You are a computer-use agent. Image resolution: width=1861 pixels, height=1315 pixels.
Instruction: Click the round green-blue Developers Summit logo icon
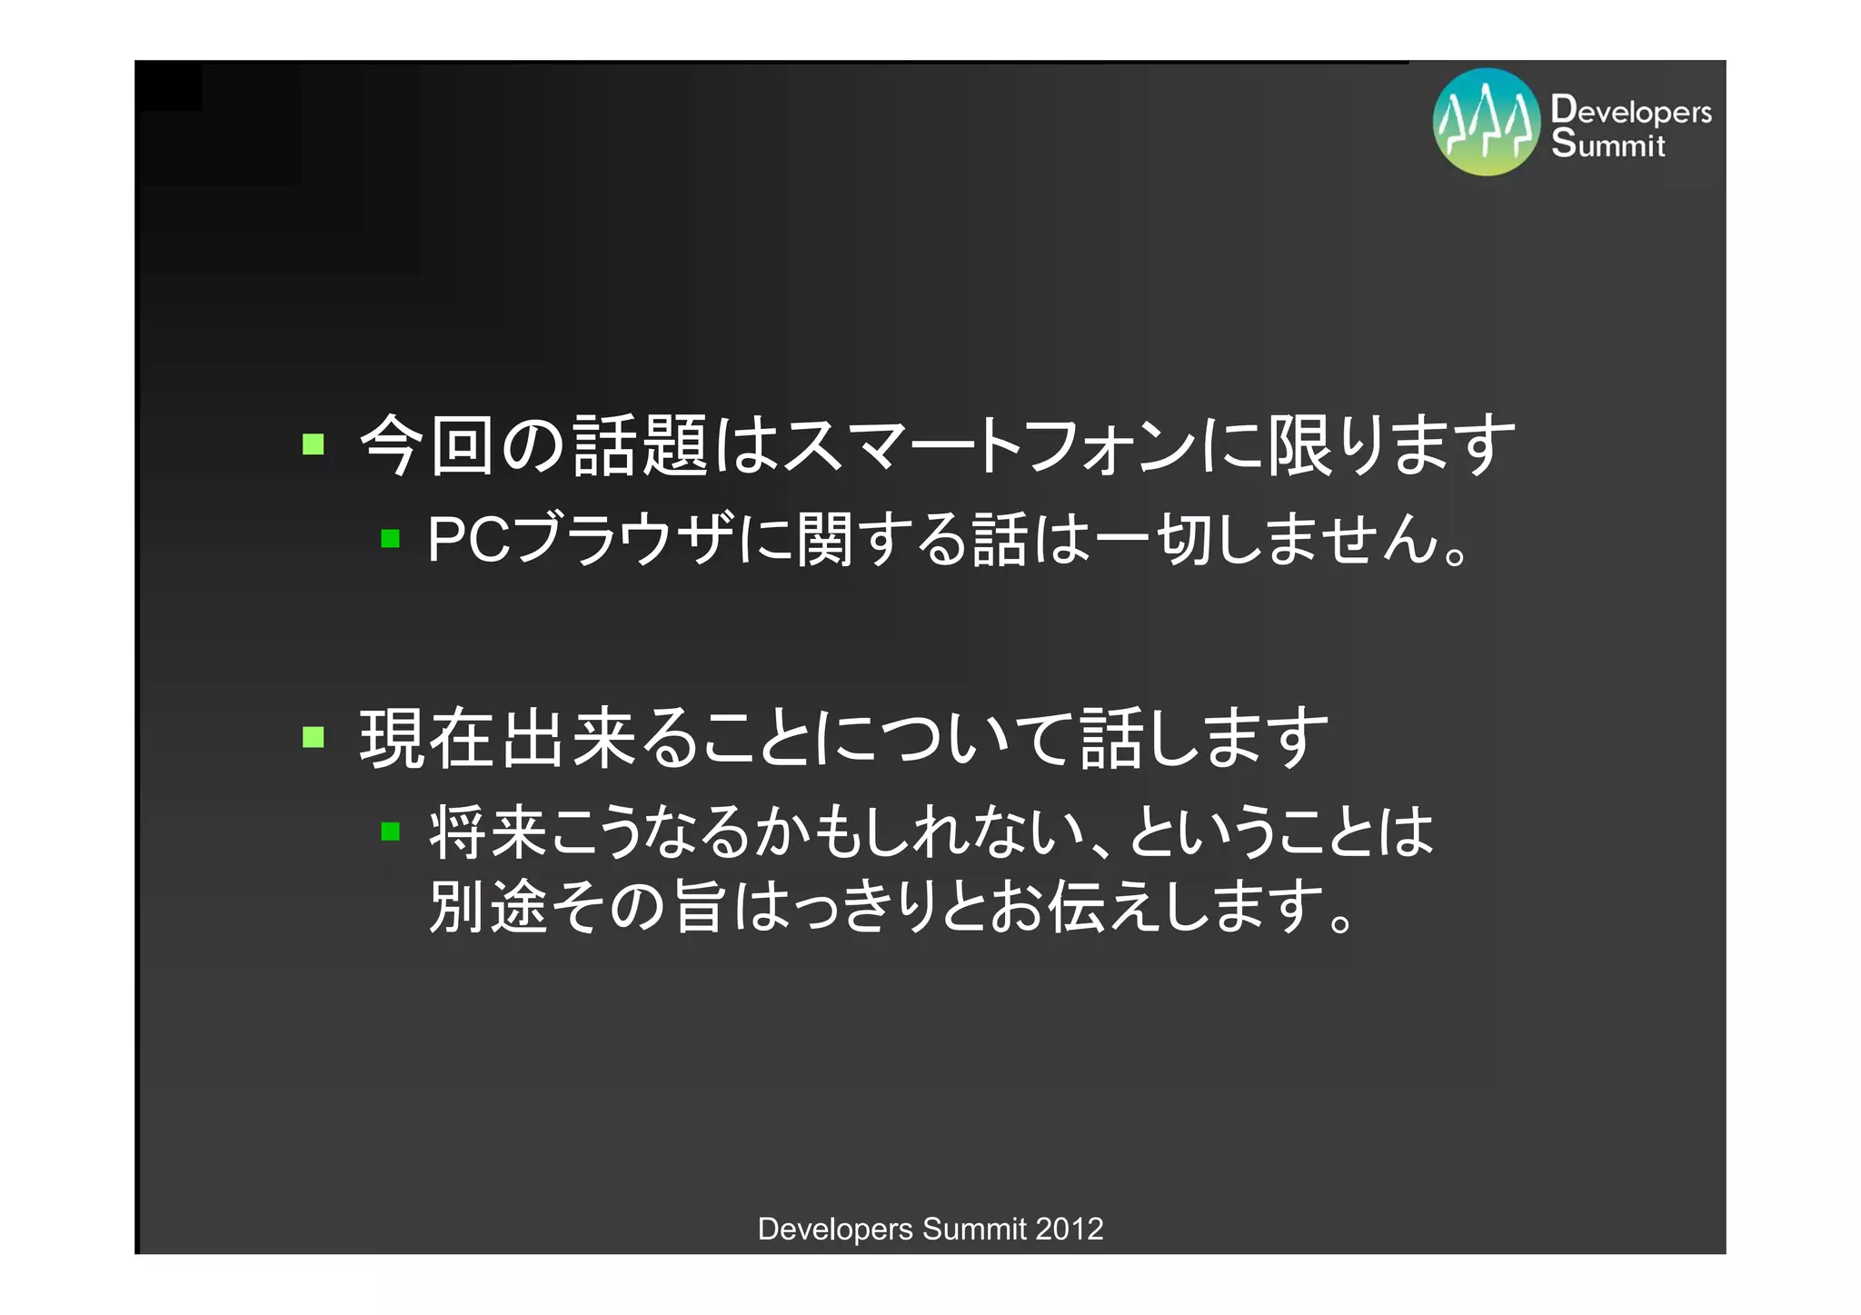point(1486,122)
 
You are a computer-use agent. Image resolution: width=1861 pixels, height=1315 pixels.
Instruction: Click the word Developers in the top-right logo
point(1631,110)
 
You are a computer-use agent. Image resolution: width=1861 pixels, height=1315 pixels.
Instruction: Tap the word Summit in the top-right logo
point(1607,144)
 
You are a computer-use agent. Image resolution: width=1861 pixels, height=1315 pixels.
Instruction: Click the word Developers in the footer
point(835,1229)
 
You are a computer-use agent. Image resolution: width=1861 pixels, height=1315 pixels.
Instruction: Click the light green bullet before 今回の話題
point(313,444)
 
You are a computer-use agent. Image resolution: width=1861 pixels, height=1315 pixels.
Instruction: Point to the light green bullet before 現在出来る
point(313,736)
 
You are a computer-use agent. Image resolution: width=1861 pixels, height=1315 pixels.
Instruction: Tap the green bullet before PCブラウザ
point(391,539)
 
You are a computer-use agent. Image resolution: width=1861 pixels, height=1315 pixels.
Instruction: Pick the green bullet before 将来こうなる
point(391,831)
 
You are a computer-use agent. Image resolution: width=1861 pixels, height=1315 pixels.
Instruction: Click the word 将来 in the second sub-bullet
point(489,832)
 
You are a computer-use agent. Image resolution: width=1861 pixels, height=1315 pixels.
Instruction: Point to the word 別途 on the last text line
point(489,905)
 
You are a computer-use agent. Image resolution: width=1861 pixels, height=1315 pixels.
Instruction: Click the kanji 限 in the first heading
point(1301,445)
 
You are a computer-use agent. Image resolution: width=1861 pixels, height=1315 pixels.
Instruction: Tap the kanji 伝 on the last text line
point(1076,905)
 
